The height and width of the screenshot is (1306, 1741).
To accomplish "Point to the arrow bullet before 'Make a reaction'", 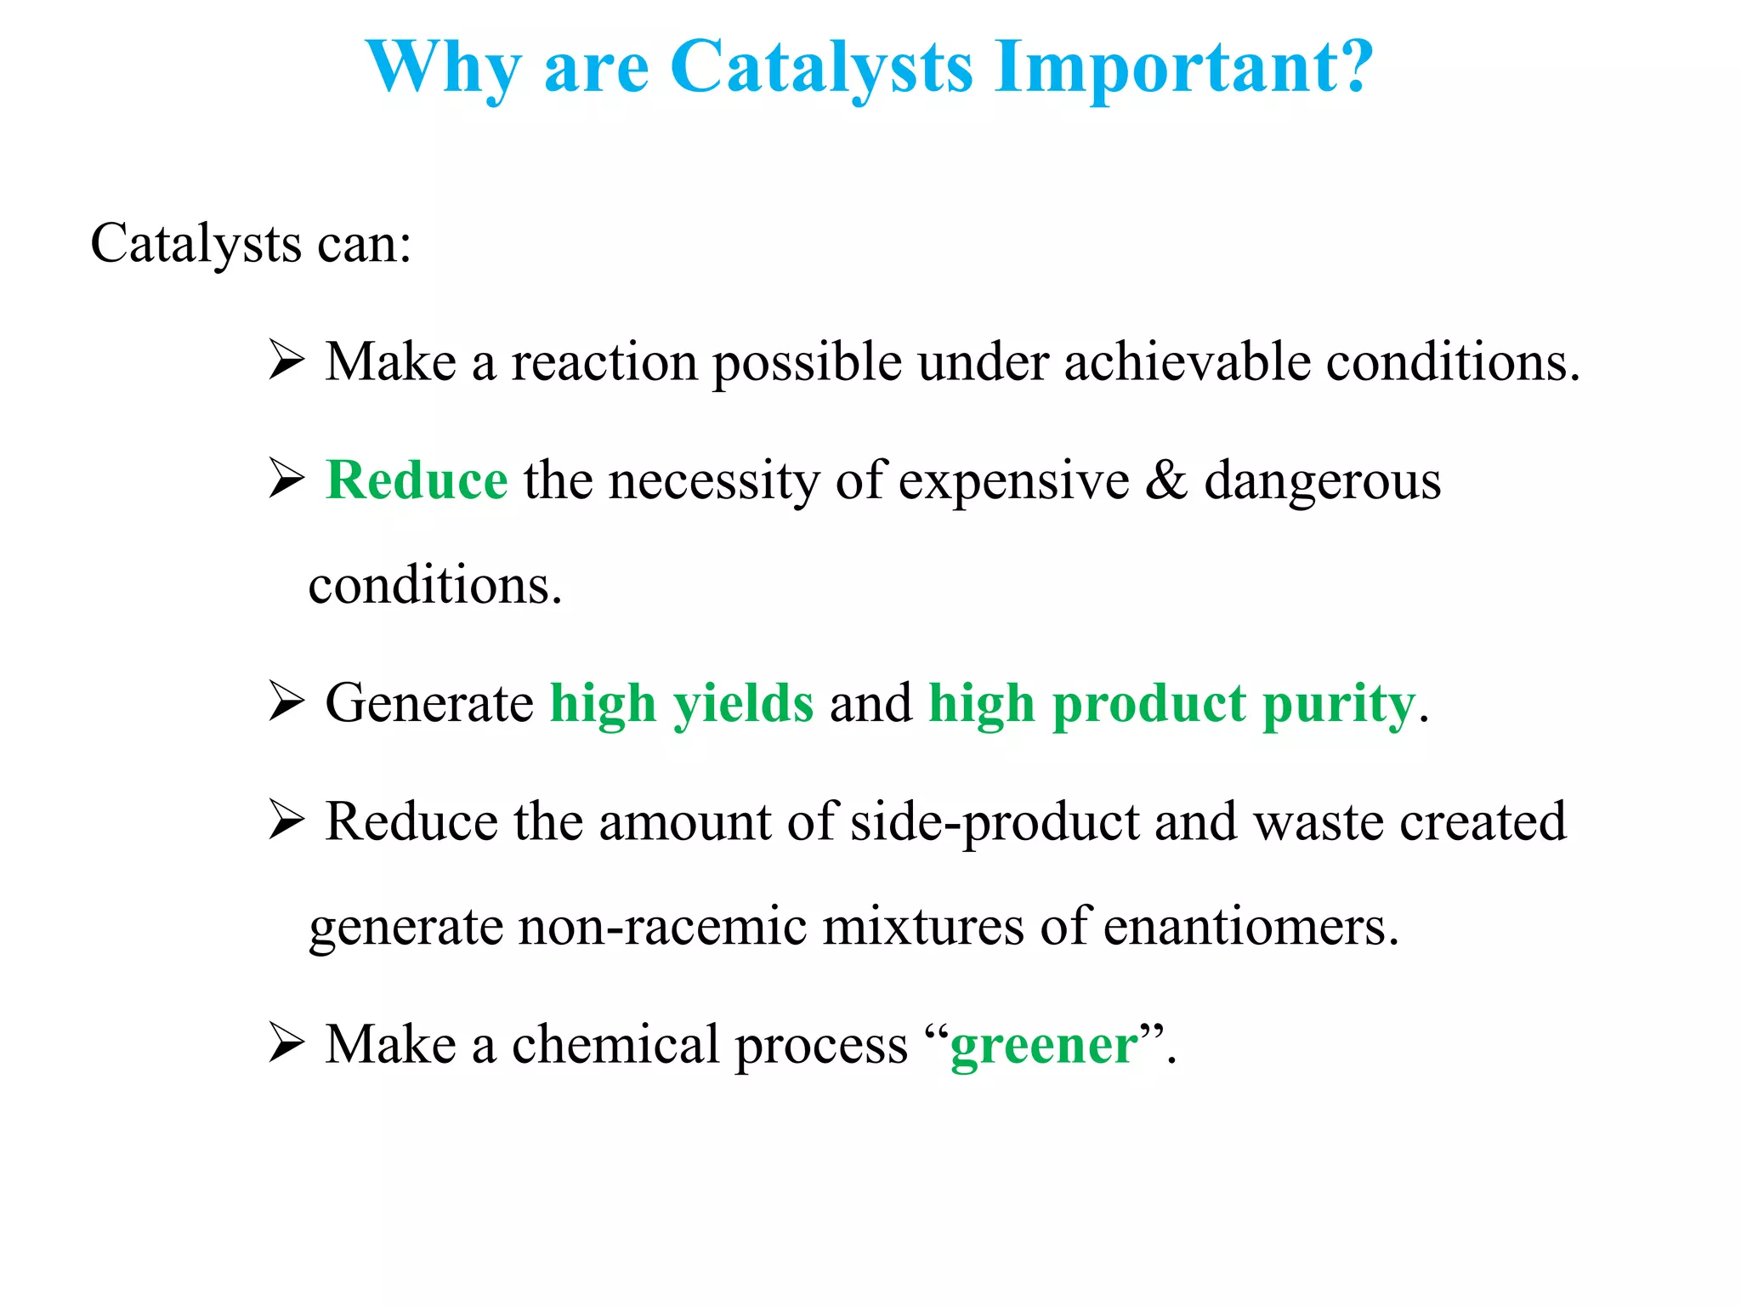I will pos(286,360).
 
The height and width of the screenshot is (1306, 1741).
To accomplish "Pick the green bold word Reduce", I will pos(417,480).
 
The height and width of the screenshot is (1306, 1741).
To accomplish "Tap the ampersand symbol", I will pos(1165,480).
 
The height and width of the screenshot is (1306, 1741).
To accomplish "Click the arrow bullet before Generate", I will pos(286,701).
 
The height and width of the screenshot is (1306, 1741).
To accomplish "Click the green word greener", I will pos(1044,1046).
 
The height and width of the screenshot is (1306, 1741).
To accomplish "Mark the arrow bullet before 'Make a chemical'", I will pos(286,1043).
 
